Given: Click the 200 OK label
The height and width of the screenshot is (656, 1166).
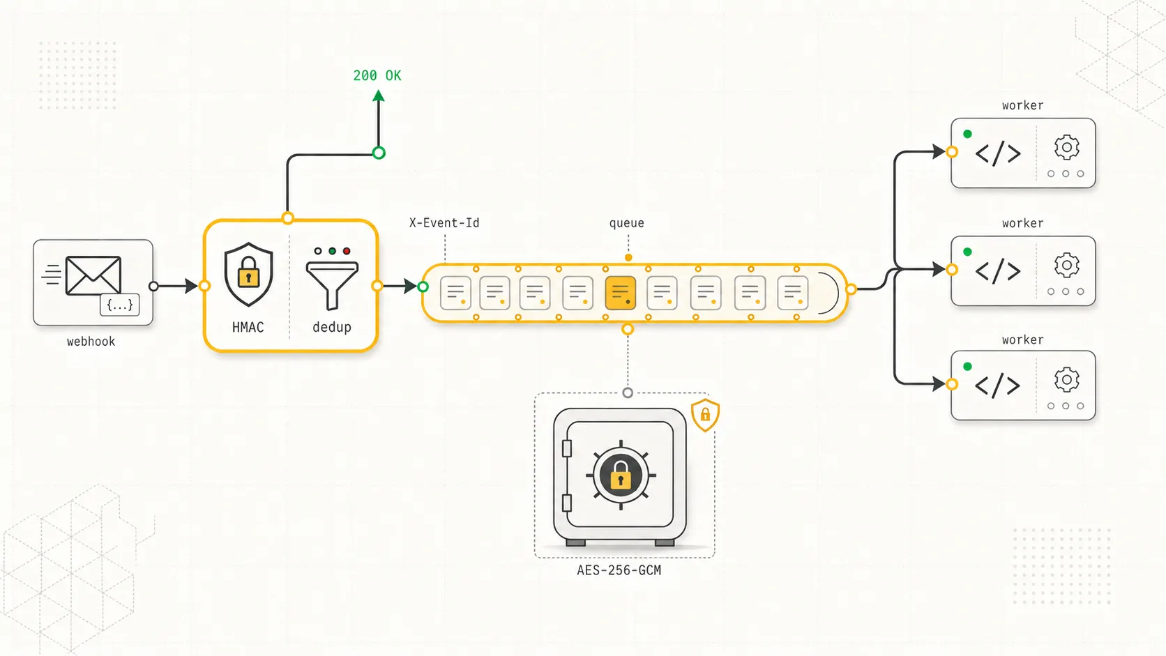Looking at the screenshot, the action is point(377,76).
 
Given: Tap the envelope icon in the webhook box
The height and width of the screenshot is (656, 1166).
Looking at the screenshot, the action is point(93,275).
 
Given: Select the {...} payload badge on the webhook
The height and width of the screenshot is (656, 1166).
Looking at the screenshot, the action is point(120,305).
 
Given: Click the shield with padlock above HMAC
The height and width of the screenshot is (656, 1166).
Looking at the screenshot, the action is point(248,274).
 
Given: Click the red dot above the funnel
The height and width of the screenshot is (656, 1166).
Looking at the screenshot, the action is point(347,251).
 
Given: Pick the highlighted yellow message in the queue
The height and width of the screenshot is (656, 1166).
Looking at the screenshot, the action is point(621,293).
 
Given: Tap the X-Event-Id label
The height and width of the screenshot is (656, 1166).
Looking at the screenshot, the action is point(444,223).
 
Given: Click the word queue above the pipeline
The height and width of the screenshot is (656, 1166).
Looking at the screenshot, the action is point(627,223).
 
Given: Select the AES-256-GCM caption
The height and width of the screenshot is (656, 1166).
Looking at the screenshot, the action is point(619,570).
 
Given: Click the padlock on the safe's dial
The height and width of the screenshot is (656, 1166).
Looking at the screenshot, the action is point(621,475).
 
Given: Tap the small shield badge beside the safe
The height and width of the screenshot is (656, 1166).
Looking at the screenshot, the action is point(705,415).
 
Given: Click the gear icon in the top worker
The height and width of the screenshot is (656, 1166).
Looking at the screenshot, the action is point(1066,148).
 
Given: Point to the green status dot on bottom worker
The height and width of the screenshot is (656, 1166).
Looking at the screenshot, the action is point(967,367).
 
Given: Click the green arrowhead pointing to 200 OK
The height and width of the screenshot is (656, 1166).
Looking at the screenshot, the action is point(379,96).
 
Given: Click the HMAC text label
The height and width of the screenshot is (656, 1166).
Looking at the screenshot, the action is point(248,327).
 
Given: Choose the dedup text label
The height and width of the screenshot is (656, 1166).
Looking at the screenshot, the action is point(331,327).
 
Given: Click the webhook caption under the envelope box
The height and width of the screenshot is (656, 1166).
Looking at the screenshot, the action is point(91,342).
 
